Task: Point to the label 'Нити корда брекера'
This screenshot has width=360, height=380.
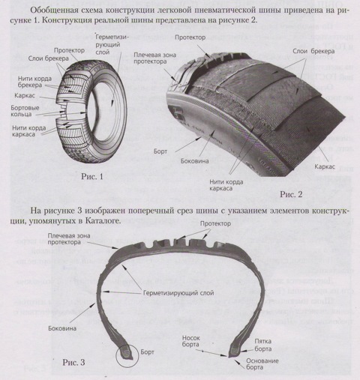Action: (x=28, y=82)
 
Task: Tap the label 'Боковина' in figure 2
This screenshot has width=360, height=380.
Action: (x=194, y=161)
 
